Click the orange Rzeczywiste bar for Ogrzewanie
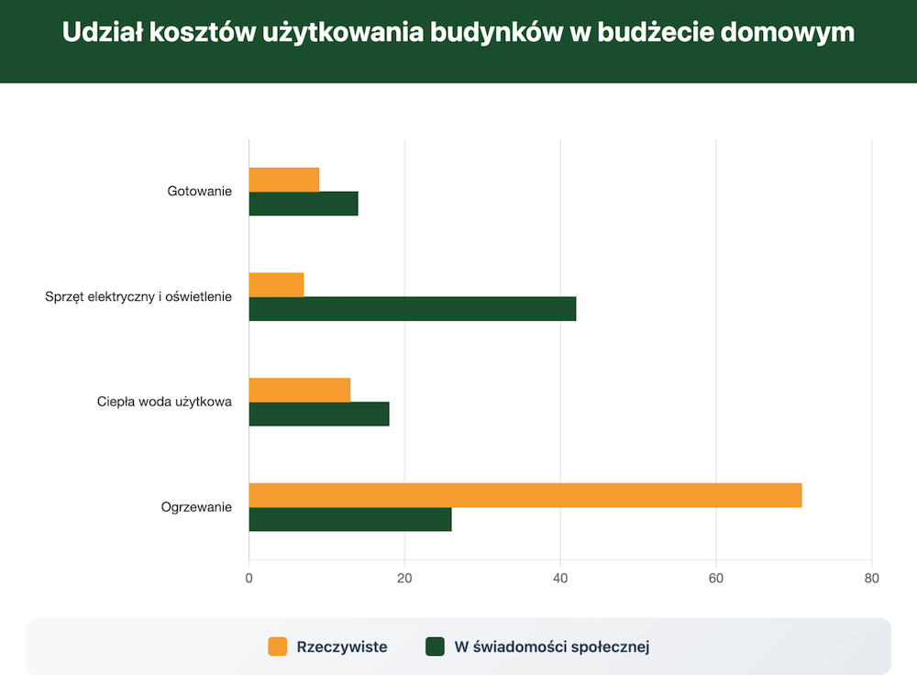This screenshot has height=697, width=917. [x=525, y=494]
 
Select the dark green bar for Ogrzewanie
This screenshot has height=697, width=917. [x=350, y=519]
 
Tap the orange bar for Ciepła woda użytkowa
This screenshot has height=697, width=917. [x=300, y=390]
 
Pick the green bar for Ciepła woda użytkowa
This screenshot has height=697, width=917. [x=319, y=414]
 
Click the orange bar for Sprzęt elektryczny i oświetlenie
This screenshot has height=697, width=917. [x=276, y=284]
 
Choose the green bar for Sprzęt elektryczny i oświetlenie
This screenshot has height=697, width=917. [x=413, y=309]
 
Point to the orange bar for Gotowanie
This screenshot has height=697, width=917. [x=284, y=180]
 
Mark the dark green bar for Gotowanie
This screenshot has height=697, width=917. [x=304, y=204]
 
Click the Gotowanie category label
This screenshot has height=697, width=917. [x=200, y=192]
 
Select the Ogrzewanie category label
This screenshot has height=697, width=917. [x=196, y=506]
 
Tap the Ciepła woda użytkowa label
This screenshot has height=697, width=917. [x=165, y=402]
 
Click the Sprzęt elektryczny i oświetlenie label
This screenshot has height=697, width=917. [x=138, y=296]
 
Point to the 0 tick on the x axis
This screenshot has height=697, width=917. [x=249, y=579]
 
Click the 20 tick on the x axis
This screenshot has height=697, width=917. [x=404, y=579]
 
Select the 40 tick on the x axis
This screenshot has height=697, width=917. [x=560, y=579]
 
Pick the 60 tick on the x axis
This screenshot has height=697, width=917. [x=716, y=579]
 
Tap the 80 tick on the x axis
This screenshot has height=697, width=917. [x=871, y=579]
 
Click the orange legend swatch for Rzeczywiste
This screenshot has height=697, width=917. [x=278, y=647]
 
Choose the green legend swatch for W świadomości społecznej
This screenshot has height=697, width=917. [x=436, y=647]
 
